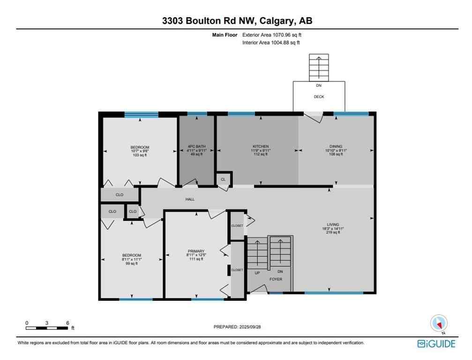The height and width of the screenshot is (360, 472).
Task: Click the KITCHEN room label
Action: point(260,146)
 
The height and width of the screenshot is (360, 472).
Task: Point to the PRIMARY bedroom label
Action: point(195,251)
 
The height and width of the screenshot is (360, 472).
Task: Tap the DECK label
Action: point(319,97)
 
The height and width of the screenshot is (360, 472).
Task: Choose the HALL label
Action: point(190,199)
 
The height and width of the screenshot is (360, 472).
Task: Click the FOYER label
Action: point(276,279)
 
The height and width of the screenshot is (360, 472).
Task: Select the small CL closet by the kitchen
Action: point(223,179)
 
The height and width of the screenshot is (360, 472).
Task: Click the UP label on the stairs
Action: point(257,272)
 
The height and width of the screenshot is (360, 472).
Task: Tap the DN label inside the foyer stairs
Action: point(280,271)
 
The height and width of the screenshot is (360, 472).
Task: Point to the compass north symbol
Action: point(439,323)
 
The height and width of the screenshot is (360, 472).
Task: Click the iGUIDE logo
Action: point(436,344)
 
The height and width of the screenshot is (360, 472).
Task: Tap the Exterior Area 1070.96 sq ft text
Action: point(275,35)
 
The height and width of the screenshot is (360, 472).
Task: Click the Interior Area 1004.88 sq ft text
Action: point(271,43)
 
